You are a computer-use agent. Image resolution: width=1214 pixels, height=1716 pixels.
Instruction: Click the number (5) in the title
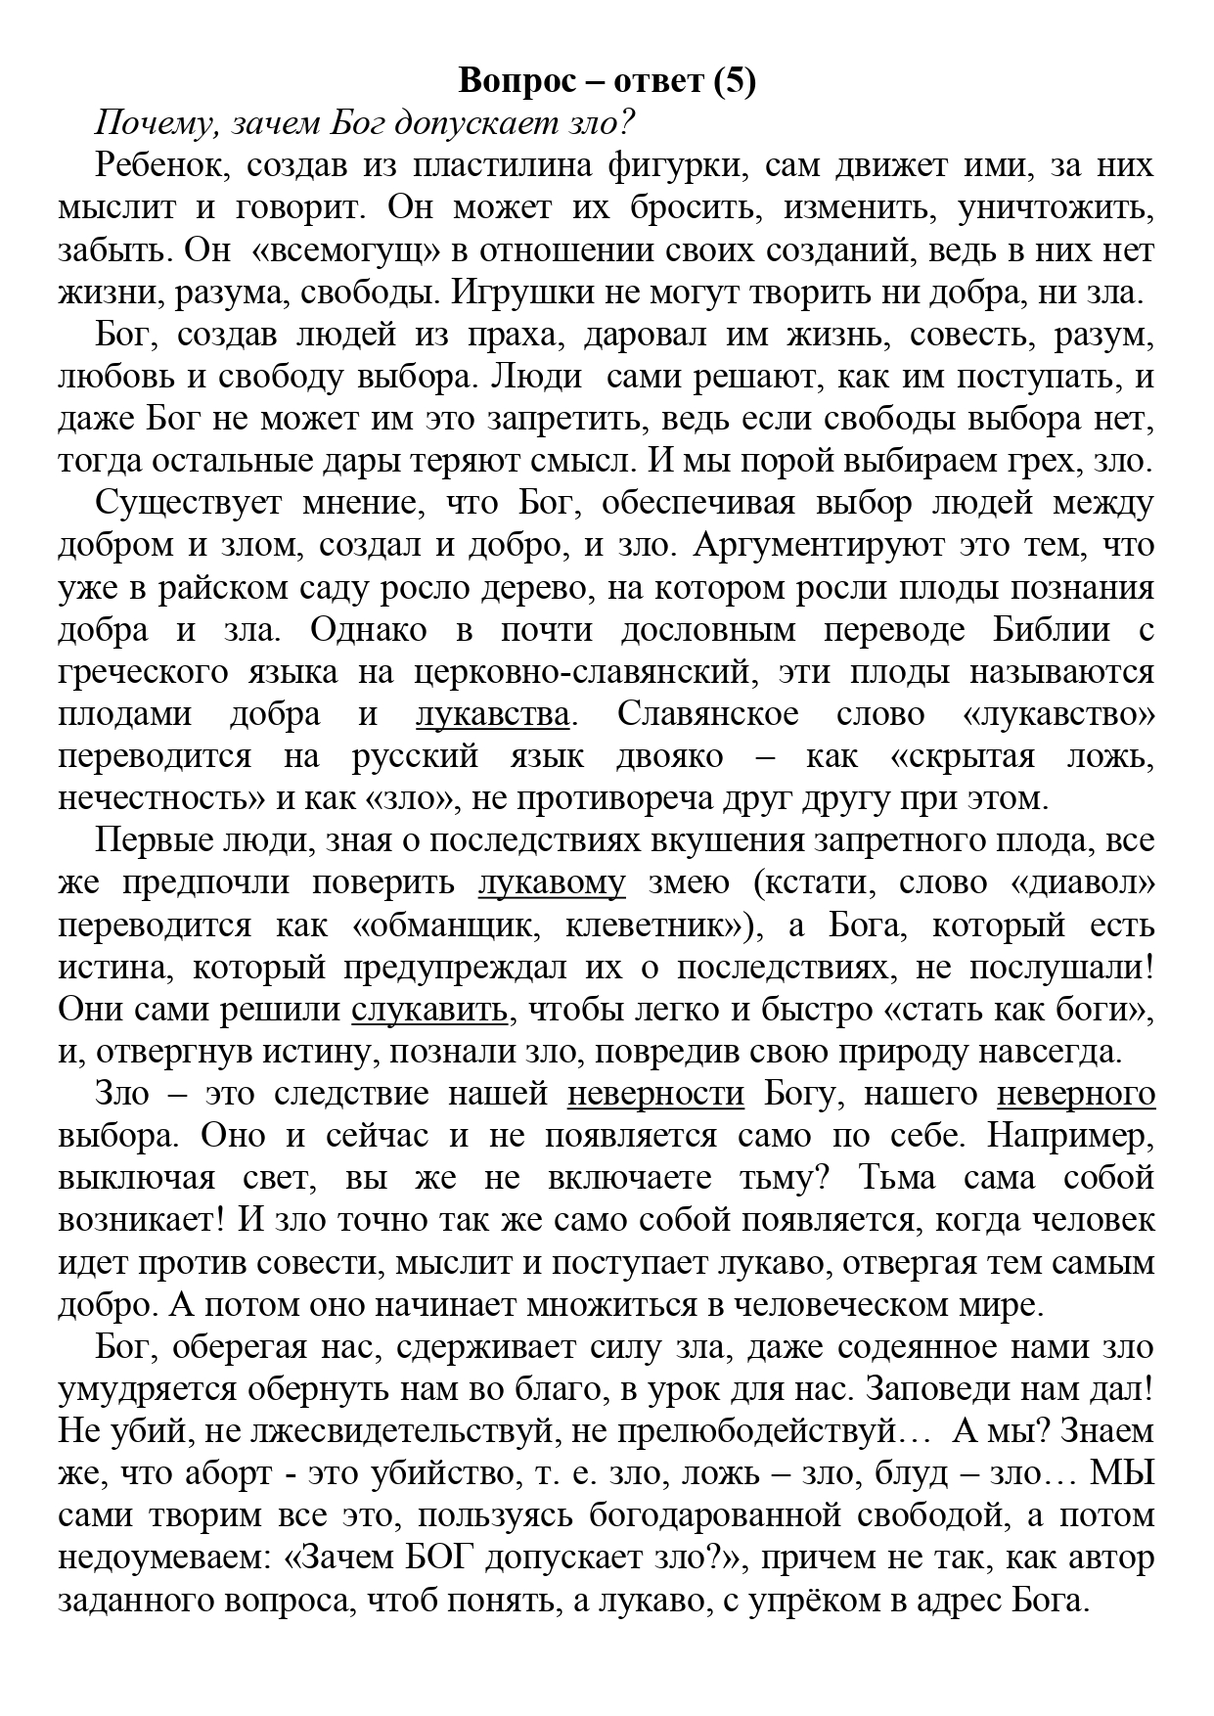[734, 82]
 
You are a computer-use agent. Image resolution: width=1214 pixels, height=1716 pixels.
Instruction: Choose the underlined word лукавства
[492, 715]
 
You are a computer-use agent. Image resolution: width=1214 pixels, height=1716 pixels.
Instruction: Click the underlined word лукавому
[552, 883]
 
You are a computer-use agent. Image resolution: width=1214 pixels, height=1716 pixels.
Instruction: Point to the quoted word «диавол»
[1083, 883]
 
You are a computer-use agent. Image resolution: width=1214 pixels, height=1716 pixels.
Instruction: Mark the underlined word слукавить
[429, 1010]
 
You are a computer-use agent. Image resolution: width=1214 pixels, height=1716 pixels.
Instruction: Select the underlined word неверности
[655, 1094]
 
